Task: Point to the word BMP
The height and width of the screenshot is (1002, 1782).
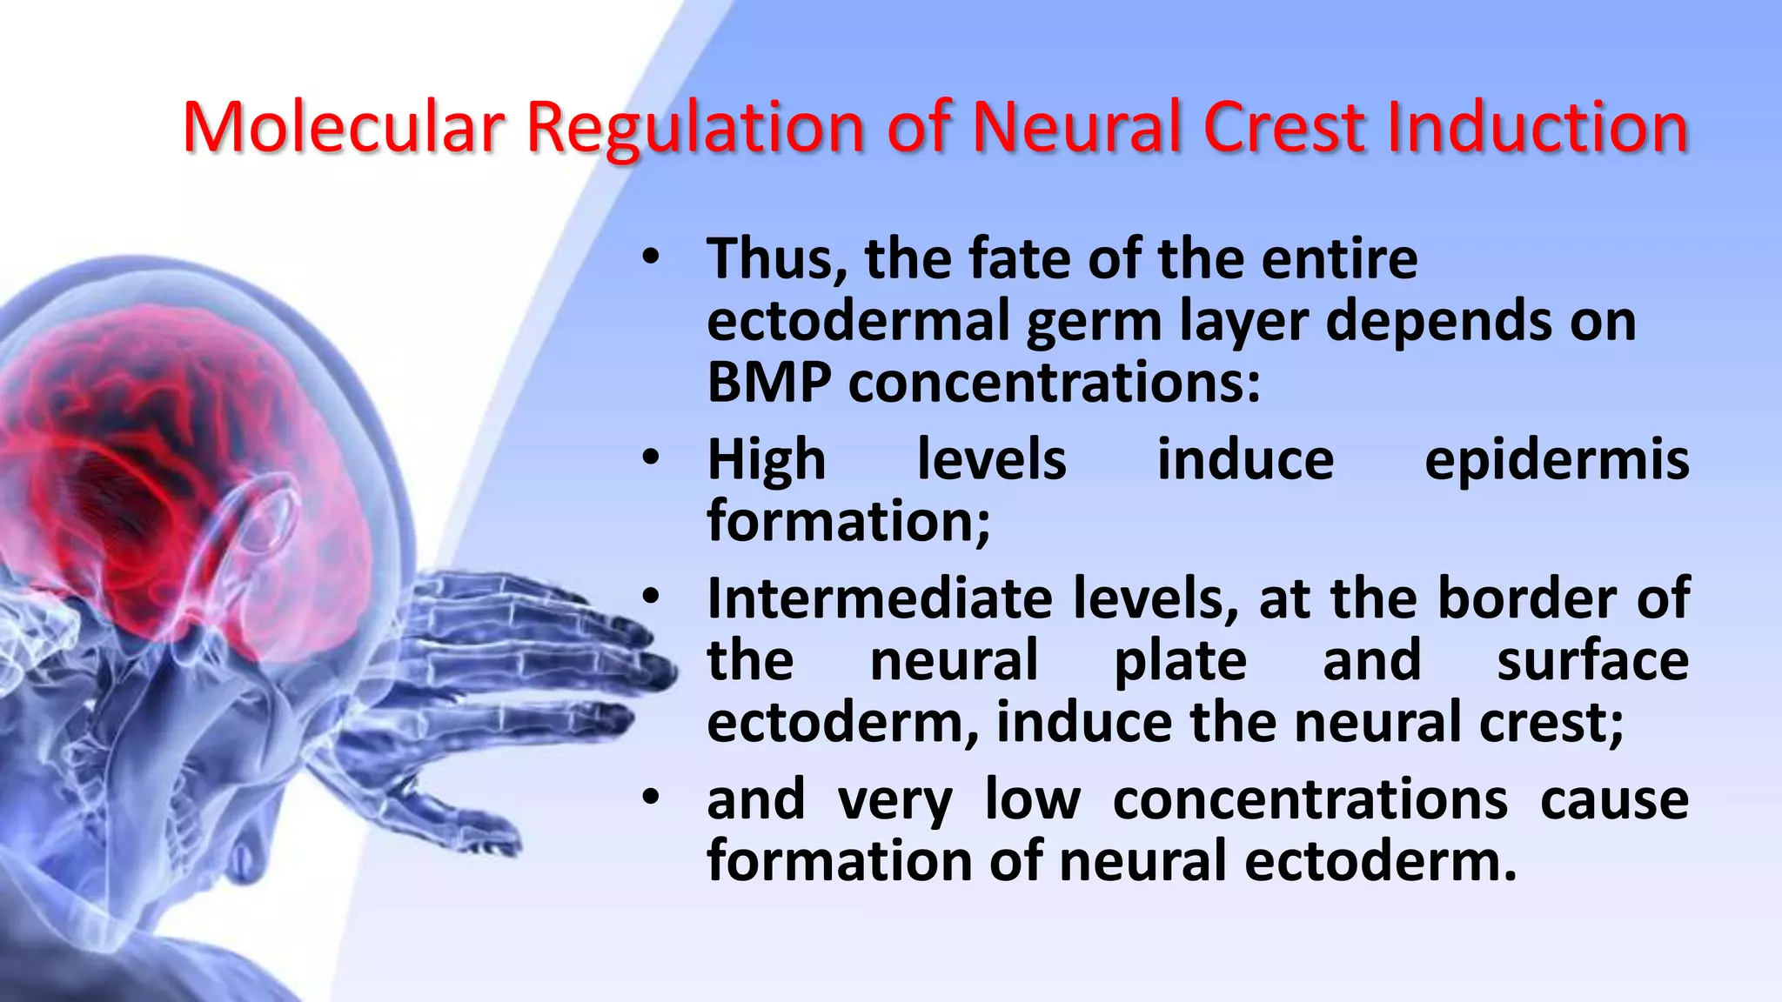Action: point(768,383)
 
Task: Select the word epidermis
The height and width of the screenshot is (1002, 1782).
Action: point(1556,461)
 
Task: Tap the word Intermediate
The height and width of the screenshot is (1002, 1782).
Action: point(880,599)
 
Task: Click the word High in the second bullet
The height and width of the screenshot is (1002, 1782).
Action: point(766,461)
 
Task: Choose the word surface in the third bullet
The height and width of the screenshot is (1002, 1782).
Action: point(1592,661)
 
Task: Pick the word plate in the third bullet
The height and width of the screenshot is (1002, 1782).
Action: point(1180,661)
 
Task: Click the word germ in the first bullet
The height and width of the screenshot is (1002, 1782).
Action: point(1094,322)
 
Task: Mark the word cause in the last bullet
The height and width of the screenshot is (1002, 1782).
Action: point(1614,800)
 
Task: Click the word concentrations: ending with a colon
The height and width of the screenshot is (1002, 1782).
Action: point(1054,383)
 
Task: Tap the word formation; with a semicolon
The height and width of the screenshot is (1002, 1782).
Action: point(848,522)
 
